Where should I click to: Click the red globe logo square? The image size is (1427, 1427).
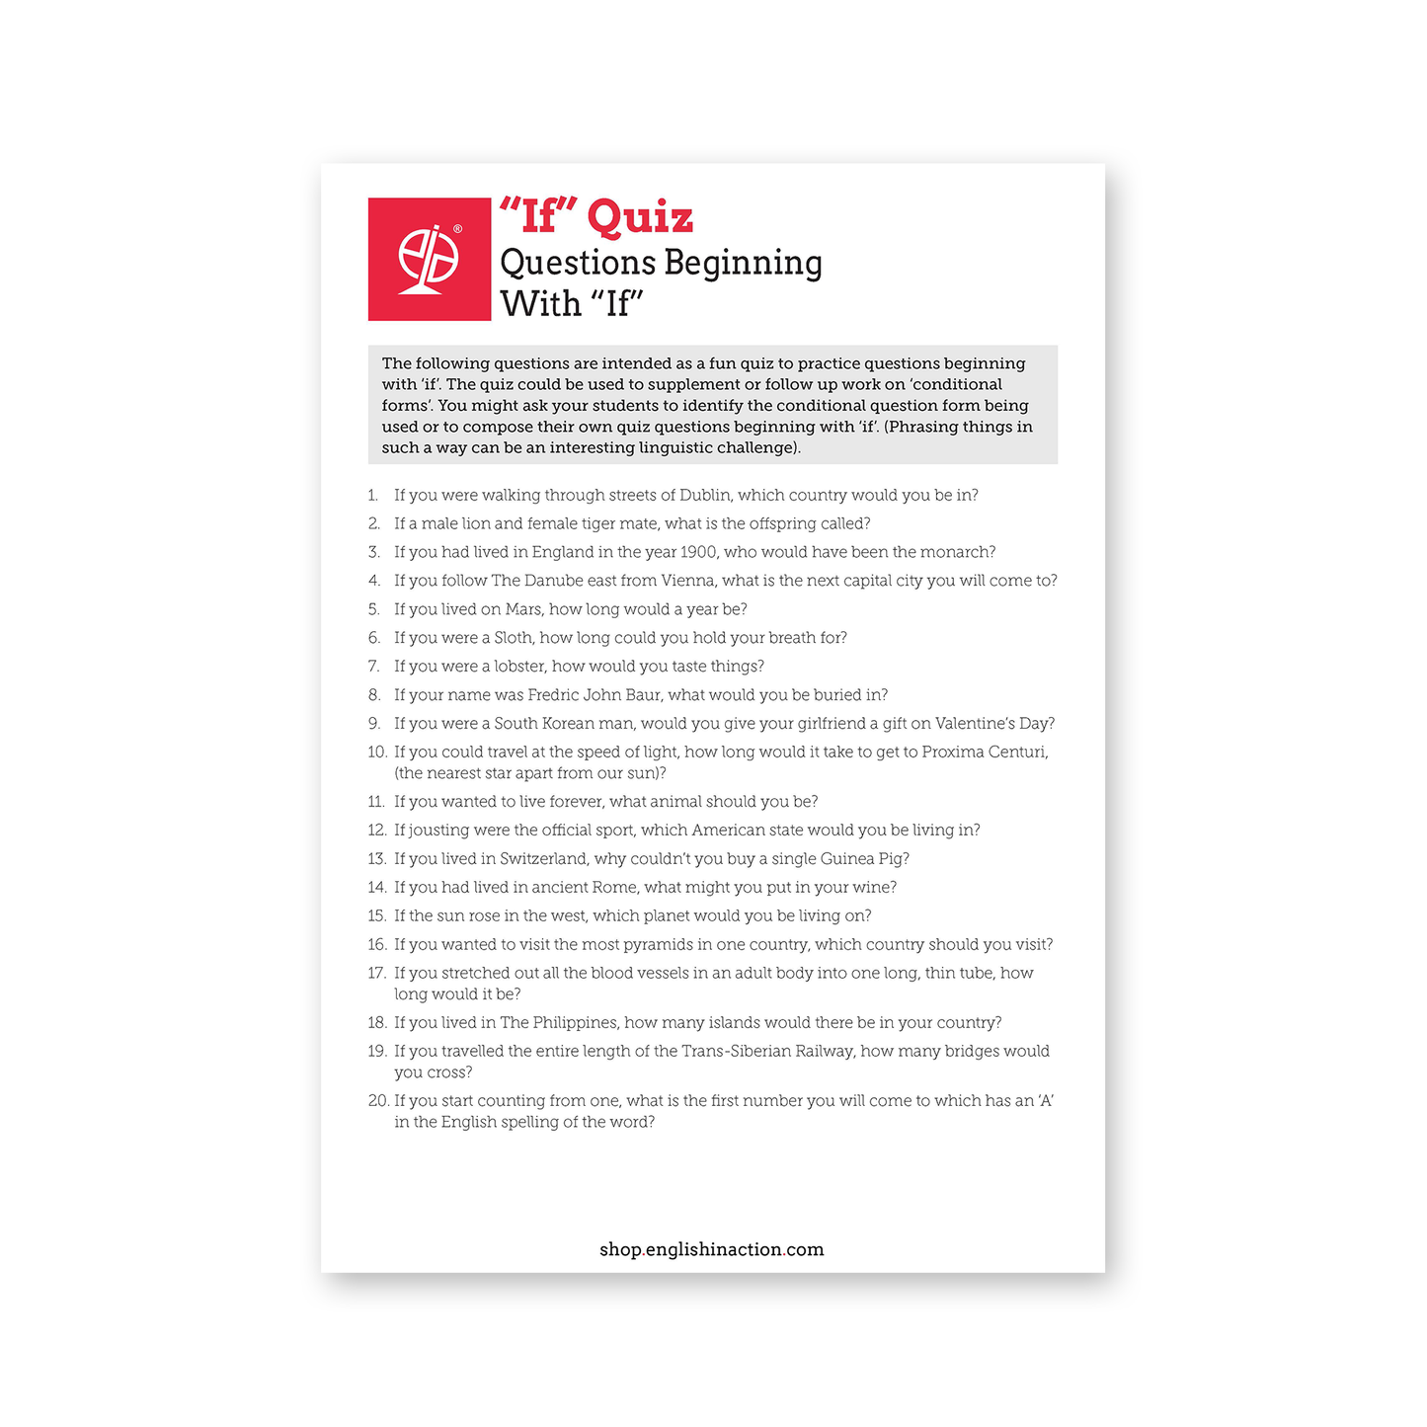pyautogui.click(x=429, y=259)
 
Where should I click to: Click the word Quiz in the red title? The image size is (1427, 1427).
pyautogui.click(x=640, y=217)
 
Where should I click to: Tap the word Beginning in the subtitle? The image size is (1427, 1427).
pyautogui.click(x=743, y=263)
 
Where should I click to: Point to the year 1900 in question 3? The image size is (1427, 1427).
pyautogui.click(x=699, y=552)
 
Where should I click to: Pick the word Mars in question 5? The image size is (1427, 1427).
pyautogui.click(x=523, y=609)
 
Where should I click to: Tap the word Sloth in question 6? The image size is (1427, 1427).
pyautogui.click(x=513, y=638)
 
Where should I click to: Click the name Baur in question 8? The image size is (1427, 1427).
pyautogui.click(x=643, y=695)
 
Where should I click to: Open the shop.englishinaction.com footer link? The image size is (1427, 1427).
pyautogui.click(x=711, y=1249)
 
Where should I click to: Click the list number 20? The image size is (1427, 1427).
pyautogui.click(x=377, y=1101)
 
